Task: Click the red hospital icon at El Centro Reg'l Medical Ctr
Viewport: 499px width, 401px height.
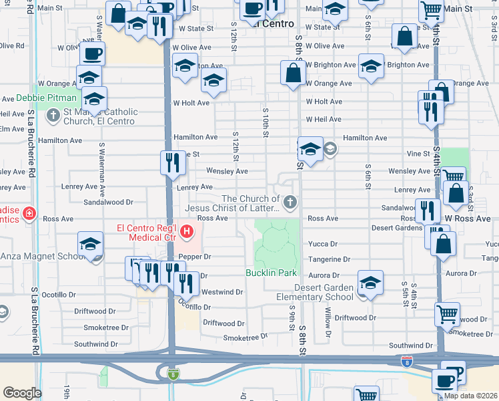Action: coord(187,232)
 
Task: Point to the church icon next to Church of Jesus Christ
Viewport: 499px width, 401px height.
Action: coord(290,202)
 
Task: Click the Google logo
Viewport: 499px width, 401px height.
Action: coord(22,392)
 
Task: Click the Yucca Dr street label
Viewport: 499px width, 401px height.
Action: coord(322,244)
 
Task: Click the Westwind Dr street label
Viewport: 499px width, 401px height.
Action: coord(222,292)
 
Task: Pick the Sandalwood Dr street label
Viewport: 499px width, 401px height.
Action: coord(108,201)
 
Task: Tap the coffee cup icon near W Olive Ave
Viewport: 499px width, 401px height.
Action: coord(93,53)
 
